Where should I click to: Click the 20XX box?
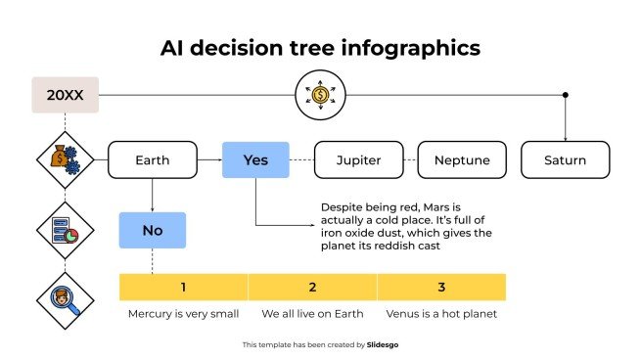[x=65, y=95]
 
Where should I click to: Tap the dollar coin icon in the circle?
[x=320, y=95]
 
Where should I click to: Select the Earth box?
[x=152, y=159]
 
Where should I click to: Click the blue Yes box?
[x=255, y=159]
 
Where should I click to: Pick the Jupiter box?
[x=358, y=159]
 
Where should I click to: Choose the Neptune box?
[x=462, y=159]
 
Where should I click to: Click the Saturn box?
[x=565, y=159]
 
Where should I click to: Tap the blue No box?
[x=152, y=230]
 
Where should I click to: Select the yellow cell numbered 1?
[x=183, y=287]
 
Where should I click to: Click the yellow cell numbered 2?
[x=312, y=287]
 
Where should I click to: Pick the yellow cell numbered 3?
[x=441, y=287]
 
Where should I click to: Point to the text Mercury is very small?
[x=183, y=314]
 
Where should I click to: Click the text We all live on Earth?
[x=312, y=314]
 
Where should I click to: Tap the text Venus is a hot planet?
[x=441, y=314]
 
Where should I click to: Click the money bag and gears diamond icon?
[x=65, y=159]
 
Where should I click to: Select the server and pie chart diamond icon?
[x=65, y=230]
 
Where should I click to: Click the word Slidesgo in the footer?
[x=382, y=344]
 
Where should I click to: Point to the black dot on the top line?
[x=565, y=95]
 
